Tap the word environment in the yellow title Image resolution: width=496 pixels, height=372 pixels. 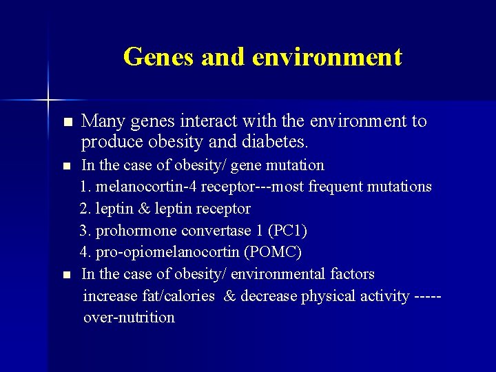pos(327,56)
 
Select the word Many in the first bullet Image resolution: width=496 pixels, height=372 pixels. pos(101,122)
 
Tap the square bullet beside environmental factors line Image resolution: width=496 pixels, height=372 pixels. pos(66,275)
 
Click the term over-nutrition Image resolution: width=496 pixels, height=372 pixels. pos(129,318)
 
